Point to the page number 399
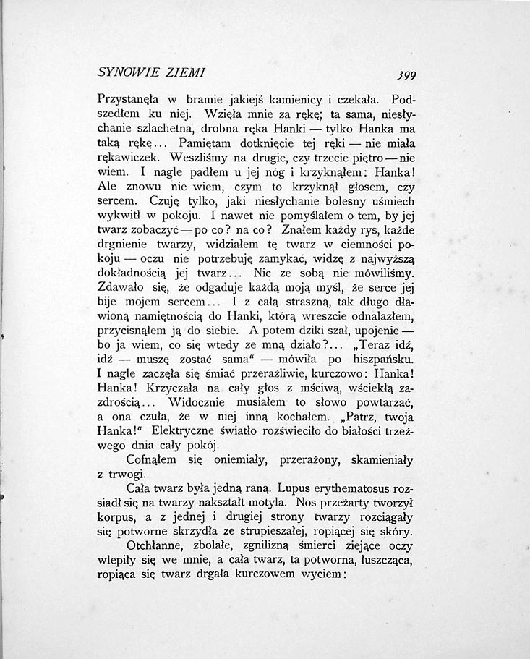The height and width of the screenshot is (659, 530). pyautogui.click(x=398, y=75)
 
